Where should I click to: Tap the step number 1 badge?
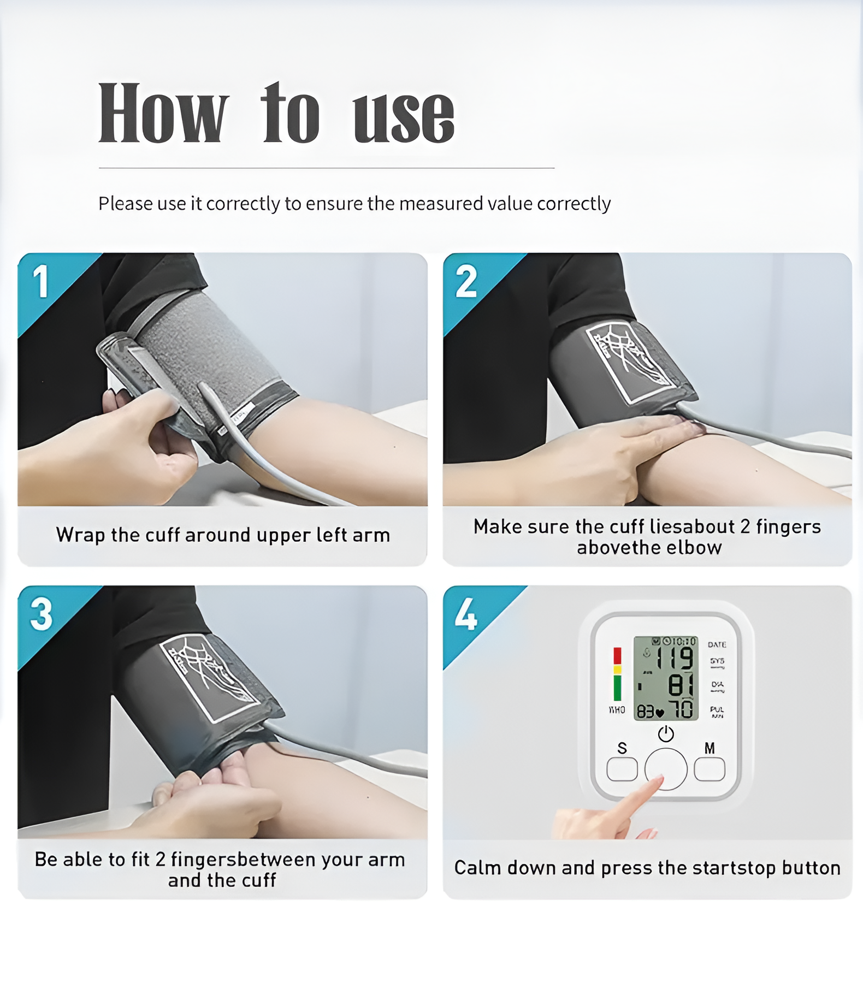pos(41,282)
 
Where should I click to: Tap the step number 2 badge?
pos(466,282)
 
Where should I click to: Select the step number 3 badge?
pos(42,614)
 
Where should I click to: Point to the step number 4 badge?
pos(466,615)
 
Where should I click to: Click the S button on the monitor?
pos(622,769)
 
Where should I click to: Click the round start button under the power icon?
pos(665,768)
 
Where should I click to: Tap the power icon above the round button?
pos(665,734)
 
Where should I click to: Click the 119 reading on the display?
pos(675,659)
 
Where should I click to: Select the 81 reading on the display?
pos(681,685)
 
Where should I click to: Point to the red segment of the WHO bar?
pos(617,655)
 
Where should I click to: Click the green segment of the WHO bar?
pos(617,688)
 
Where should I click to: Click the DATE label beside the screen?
pos(717,644)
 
